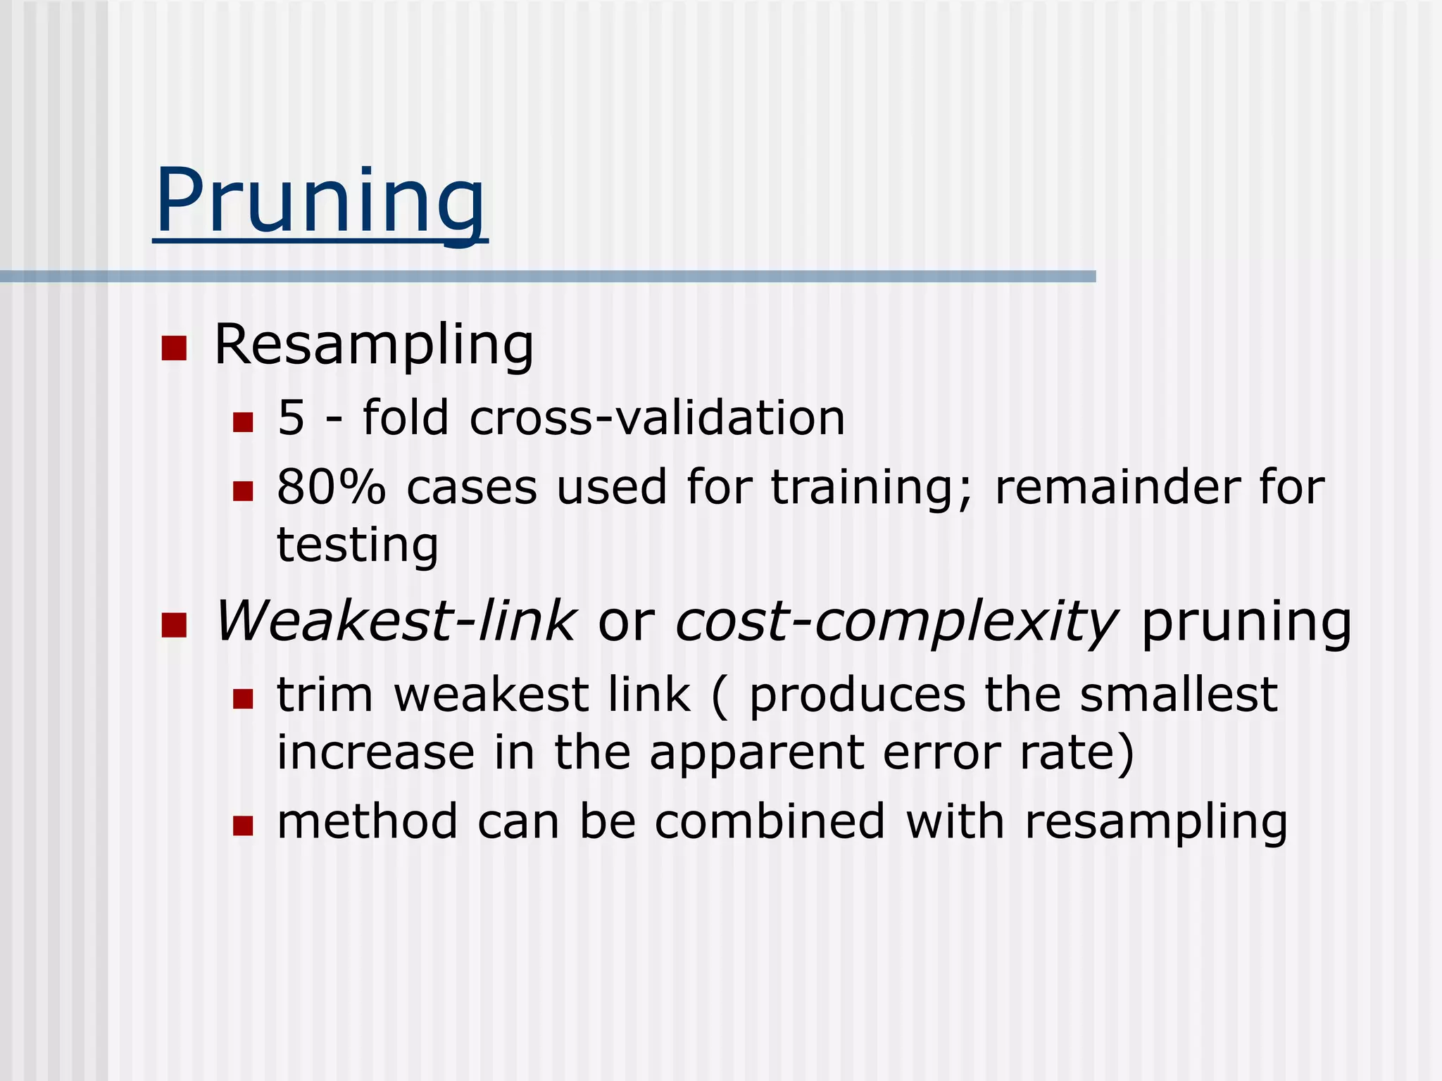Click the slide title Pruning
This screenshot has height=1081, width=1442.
(320, 201)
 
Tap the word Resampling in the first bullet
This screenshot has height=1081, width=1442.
(373, 346)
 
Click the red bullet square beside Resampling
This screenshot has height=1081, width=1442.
(174, 348)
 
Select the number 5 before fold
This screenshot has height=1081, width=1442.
(291, 418)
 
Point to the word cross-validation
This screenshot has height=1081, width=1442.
(657, 418)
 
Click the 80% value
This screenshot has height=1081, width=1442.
(331, 487)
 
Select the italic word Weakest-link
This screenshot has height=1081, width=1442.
(395, 622)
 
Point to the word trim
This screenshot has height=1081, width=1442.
(325, 695)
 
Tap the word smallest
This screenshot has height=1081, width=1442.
(1179, 695)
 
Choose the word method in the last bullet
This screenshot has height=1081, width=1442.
(367, 822)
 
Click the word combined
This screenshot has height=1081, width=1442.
(770, 822)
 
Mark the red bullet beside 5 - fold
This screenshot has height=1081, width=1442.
(243, 422)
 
